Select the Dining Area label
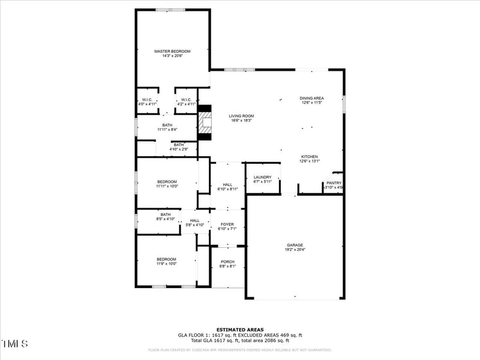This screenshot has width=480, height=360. point(312,100)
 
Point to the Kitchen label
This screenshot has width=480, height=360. point(309,158)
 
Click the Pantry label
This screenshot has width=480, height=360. point(334,185)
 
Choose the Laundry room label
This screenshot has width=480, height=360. point(263,179)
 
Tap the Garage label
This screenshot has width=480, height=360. point(295,247)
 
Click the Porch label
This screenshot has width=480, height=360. point(228,264)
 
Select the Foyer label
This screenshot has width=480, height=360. point(227,226)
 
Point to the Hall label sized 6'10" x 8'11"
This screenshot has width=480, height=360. point(227,187)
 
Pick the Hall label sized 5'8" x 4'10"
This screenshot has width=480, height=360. point(195,223)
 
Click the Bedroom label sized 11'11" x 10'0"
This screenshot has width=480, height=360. point(167,184)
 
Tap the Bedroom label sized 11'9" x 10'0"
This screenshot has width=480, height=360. point(166,261)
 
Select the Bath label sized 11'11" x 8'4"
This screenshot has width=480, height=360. point(167,127)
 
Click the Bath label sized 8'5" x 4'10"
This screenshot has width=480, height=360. point(166,217)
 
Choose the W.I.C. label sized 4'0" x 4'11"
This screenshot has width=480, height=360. point(148,101)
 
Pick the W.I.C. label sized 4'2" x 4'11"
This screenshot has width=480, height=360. point(186,101)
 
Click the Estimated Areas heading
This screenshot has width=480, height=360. point(239,329)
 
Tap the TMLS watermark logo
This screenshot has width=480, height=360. point(14,344)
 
